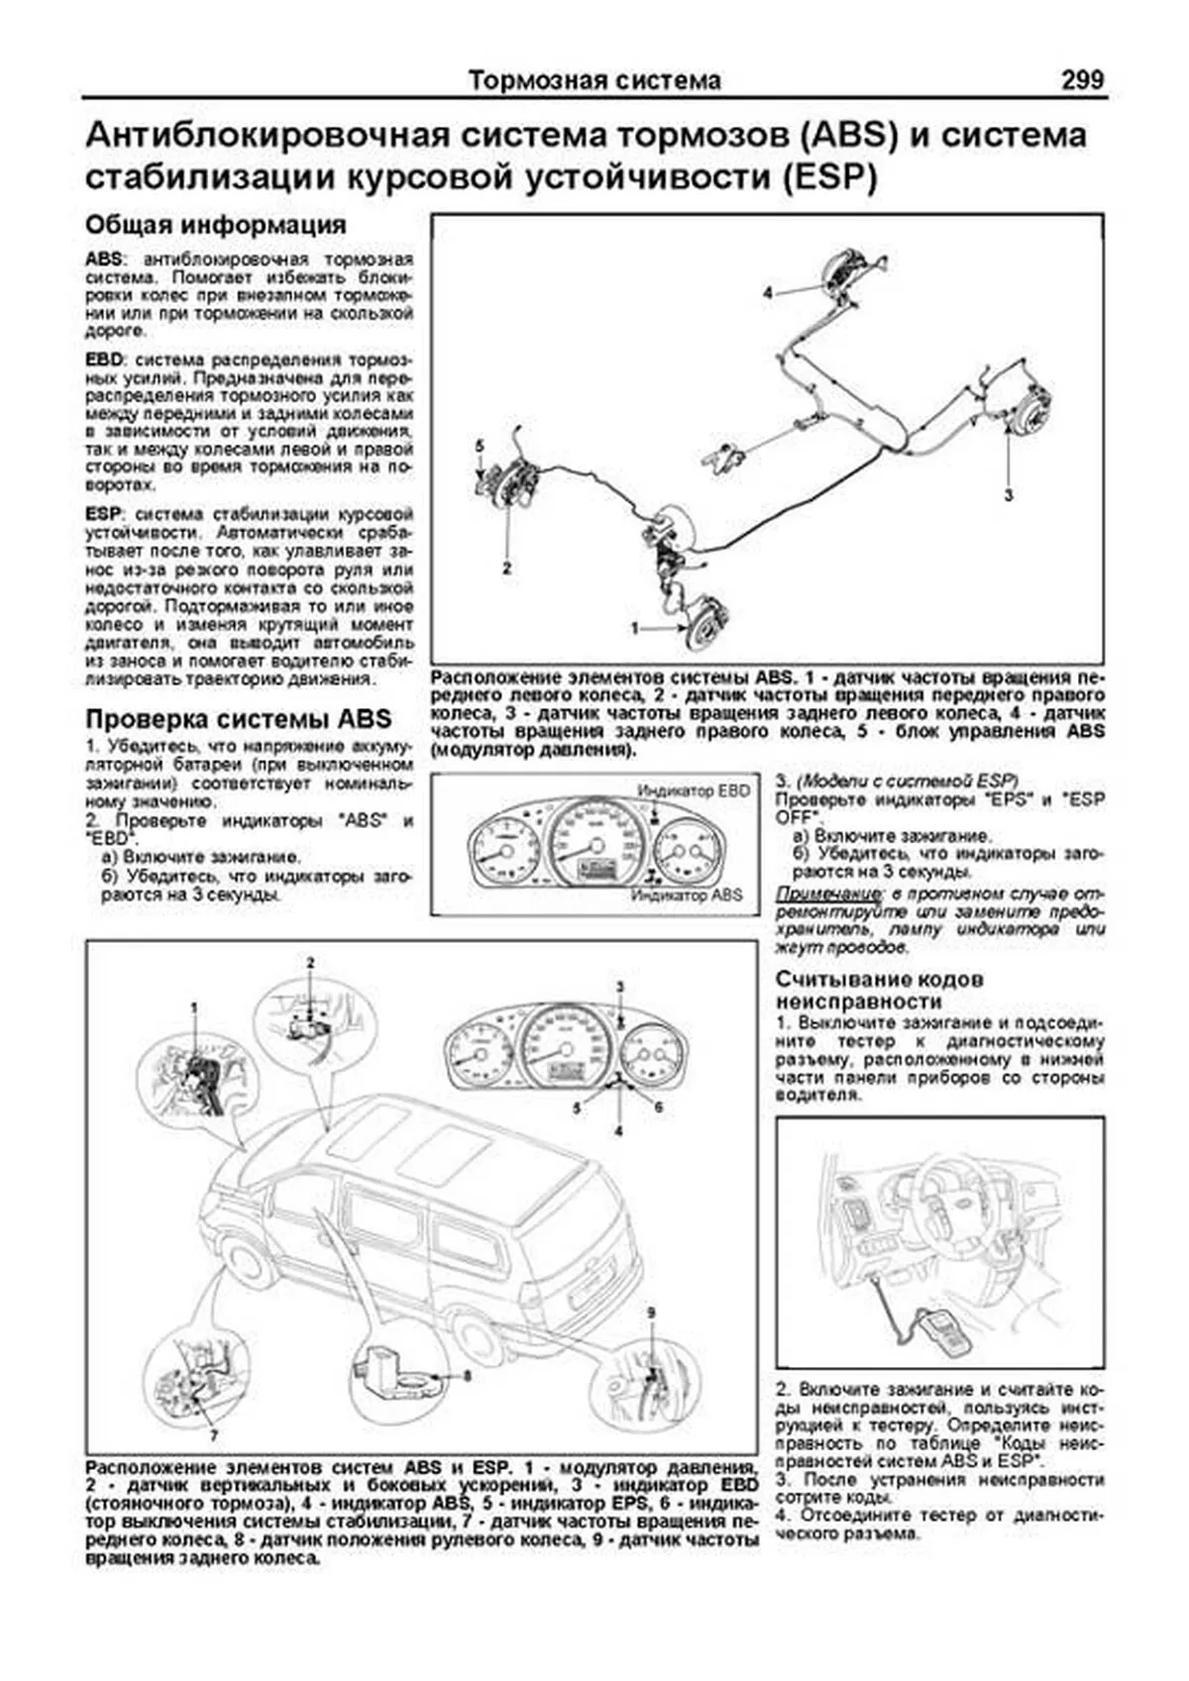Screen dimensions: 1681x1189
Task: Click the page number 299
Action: pyautogui.click(x=1081, y=79)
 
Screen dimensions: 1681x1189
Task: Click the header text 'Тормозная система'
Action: pyautogui.click(x=594, y=80)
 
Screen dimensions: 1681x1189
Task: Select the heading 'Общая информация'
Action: pyautogui.click(x=216, y=225)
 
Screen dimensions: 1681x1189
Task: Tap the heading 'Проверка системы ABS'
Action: pyautogui.click(x=239, y=718)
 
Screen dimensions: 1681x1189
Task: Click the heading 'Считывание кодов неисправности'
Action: pyautogui.click(x=880, y=990)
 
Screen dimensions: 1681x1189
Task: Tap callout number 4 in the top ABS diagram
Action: pyautogui.click(x=767, y=292)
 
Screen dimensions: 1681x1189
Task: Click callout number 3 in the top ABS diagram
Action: pyautogui.click(x=1008, y=494)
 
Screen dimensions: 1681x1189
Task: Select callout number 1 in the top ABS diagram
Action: pyautogui.click(x=636, y=628)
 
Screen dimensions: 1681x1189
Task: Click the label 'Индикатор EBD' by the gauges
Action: pyautogui.click(x=694, y=790)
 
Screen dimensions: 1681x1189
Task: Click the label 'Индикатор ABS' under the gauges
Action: pyautogui.click(x=687, y=894)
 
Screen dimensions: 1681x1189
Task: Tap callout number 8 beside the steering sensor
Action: pyautogui.click(x=466, y=1375)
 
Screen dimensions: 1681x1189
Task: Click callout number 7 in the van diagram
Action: pyautogui.click(x=213, y=1434)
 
